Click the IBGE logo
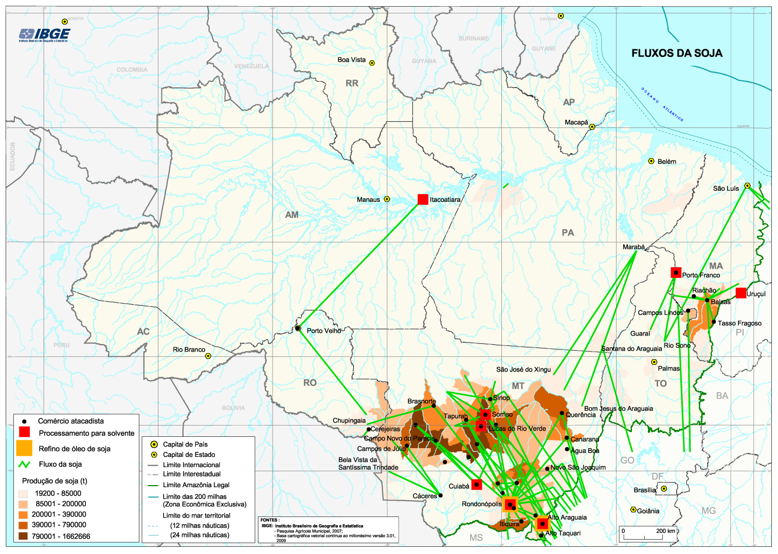pos(44,35)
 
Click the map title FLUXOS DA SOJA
pos(677,53)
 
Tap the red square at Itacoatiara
pos(423,199)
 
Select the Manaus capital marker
pos(387,199)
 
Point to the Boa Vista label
pos(352,60)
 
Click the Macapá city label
pos(576,123)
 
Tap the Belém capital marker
pos(651,161)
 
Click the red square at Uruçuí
pos(740,293)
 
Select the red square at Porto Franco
pos(676,273)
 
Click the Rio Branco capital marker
pos(208,356)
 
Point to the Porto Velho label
pos(324,331)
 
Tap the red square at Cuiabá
pos(477,484)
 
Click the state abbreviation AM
pos(292,215)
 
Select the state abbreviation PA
pos(568,233)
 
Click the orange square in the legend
pos(24,448)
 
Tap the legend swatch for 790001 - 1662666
pos(23,536)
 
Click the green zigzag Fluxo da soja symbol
pos(24,464)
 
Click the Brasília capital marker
pos(664,489)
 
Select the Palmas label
pos(668,368)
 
